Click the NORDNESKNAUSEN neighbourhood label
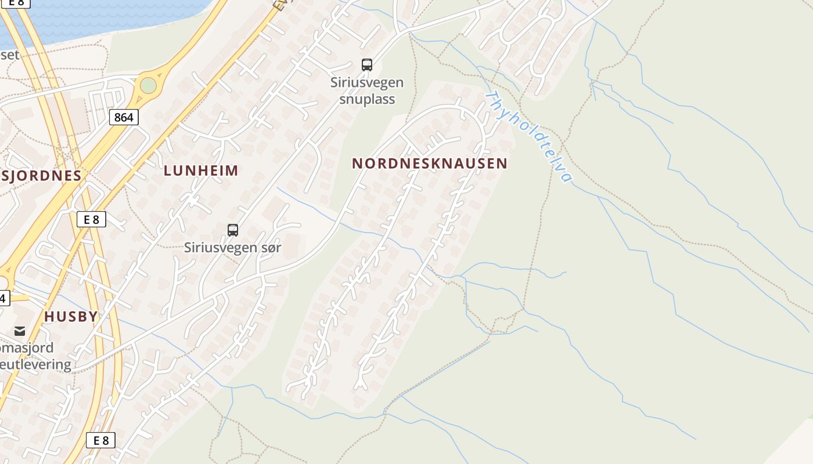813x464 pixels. tap(430, 164)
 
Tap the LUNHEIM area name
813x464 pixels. tap(201, 171)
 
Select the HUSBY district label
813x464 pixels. tap(71, 317)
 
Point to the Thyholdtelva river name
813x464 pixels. tap(529, 137)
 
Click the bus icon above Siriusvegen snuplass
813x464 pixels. tap(367, 65)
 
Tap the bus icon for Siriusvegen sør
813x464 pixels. tap(233, 230)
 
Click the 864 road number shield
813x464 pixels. tap(124, 118)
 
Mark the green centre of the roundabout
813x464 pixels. tap(148, 86)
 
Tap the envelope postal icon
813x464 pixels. tap(20, 331)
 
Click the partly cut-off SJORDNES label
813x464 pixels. tap(41, 176)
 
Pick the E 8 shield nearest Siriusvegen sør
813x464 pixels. tap(91, 219)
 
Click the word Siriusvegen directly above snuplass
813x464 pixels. tap(367, 82)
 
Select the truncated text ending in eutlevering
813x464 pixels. tap(35, 365)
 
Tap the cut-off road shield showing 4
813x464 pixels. tap(4, 299)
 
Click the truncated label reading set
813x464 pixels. tap(10, 55)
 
